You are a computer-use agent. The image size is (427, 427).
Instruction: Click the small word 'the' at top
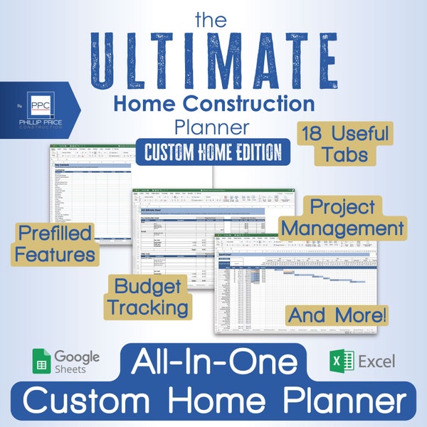(213, 14)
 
